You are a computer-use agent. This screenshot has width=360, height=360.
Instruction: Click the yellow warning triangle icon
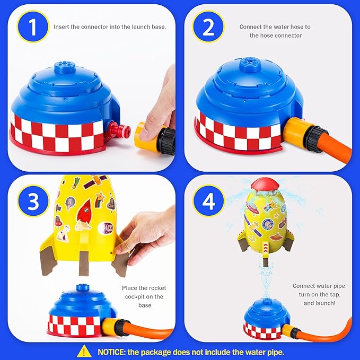pos(83,351)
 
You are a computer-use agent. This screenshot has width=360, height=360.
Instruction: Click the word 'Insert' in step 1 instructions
pos(63,27)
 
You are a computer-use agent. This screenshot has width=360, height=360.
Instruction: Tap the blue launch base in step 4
pos(266,318)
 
